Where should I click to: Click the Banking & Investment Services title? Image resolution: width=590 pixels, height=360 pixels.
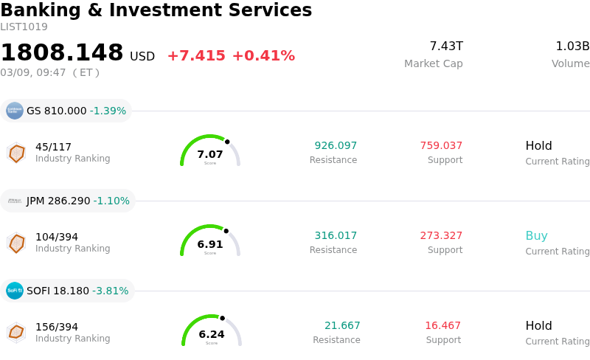pos(156,11)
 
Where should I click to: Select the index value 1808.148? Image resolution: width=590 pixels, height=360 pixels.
pos(62,53)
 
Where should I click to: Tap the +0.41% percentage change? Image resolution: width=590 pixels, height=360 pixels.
pos(263,56)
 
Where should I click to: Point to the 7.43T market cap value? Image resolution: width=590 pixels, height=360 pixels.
pos(445,46)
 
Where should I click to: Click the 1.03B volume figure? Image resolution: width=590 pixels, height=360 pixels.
pos(572,46)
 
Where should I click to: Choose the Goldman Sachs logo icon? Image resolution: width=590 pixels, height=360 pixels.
pos(15,111)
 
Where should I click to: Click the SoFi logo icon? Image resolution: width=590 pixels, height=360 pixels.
pos(15,291)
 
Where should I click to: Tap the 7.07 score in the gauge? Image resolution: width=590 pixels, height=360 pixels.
pos(210,155)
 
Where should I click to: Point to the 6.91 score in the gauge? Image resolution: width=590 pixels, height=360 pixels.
pos(210,245)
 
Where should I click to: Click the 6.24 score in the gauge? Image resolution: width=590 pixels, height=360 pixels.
pos(212,335)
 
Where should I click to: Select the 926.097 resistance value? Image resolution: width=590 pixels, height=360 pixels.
pos(336,146)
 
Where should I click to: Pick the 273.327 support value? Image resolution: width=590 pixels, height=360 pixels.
pos(441,236)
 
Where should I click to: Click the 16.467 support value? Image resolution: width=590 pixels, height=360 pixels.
pos(442,326)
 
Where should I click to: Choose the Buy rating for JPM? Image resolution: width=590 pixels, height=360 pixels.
pos(536,236)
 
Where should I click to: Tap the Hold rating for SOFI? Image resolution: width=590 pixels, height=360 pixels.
pos(538,326)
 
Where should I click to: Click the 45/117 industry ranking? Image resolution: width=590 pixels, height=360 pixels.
pos(53,147)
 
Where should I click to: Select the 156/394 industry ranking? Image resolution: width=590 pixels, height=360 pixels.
pos(57,327)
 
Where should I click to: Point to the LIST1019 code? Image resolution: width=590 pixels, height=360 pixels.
pos(24,27)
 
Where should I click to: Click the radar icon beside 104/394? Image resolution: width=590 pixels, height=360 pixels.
pos(16,243)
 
